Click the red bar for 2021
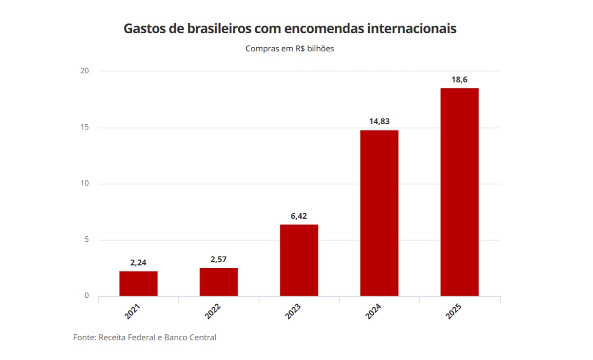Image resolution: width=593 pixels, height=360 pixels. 138,283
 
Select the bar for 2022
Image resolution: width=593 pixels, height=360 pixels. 219,282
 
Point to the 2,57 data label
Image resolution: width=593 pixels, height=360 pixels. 219,260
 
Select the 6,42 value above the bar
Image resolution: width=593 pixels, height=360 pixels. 299,216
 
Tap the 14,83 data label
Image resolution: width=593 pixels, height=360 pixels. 379,121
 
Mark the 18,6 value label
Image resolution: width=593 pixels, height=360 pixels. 459,80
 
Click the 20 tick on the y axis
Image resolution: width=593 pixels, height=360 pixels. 85,71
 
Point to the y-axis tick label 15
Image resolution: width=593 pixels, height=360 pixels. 85,127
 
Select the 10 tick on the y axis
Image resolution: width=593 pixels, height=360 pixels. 85,184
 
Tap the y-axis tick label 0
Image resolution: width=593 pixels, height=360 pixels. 87,296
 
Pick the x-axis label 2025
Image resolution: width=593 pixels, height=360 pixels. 454,311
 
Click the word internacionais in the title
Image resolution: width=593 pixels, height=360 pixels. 412,29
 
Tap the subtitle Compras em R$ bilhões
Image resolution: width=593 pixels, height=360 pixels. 290,49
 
